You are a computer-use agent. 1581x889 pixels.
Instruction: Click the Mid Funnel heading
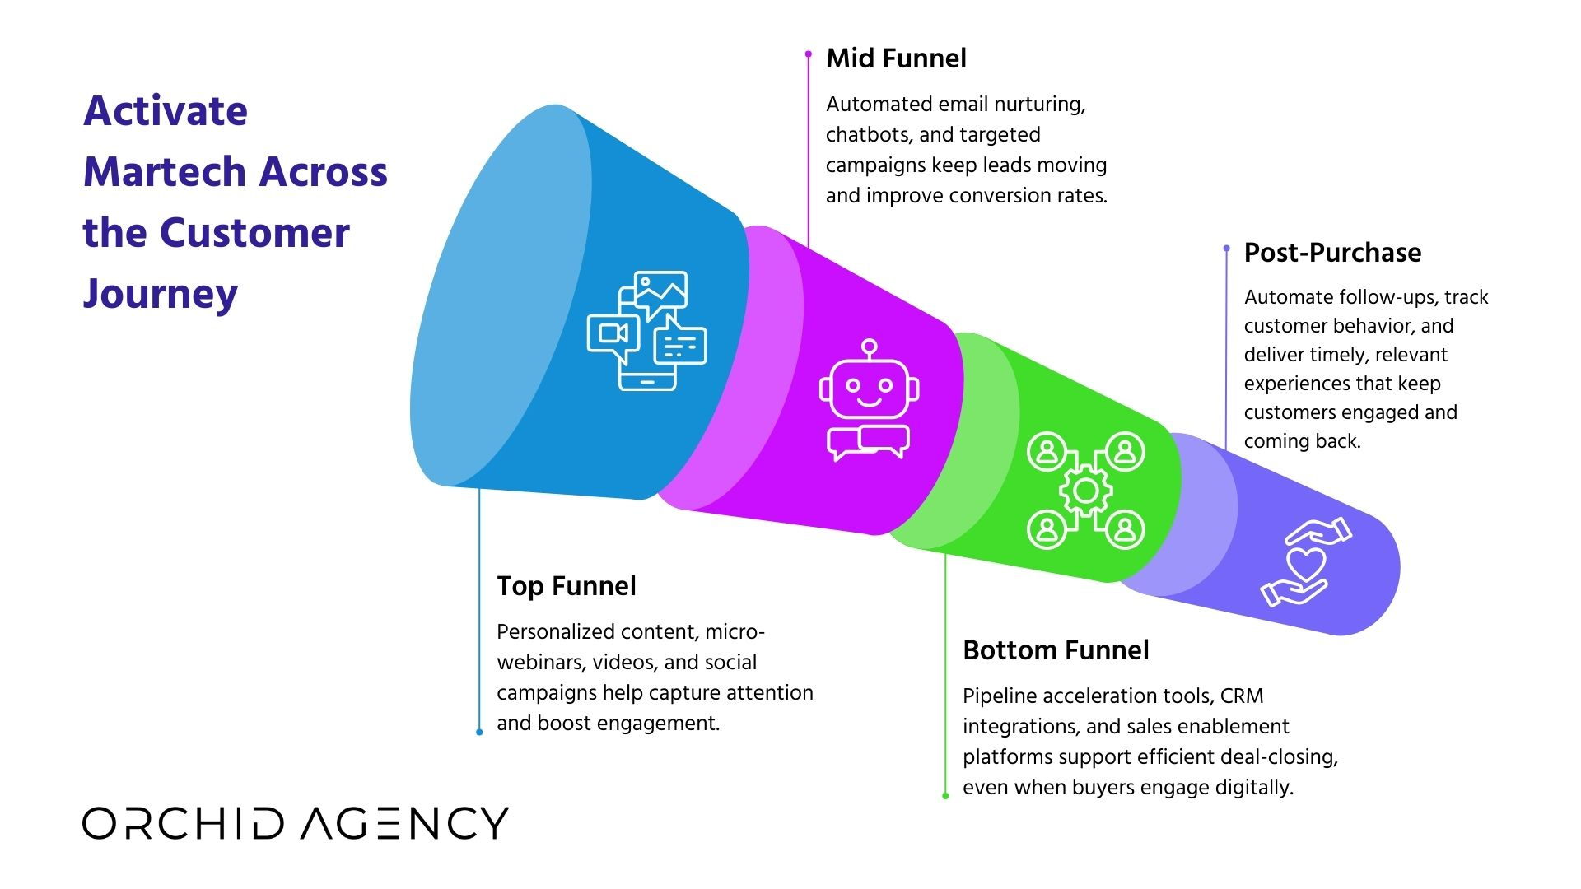pyautogui.click(x=896, y=58)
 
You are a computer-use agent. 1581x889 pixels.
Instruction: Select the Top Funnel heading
pyautogui.click(x=566, y=586)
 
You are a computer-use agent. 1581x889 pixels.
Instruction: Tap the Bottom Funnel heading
pyautogui.click(x=1056, y=650)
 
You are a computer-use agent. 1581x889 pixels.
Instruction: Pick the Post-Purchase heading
pyautogui.click(x=1332, y=253)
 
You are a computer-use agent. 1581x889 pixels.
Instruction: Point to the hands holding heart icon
pyautogui.click(x=1305, y=562)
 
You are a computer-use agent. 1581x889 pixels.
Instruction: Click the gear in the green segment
pyautogui.click(x=1085, y=491)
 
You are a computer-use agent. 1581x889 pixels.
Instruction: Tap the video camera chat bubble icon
pyautogui.click(x=613, y=334)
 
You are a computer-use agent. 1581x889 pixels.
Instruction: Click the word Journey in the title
pyautogui.click(x=161, y=294)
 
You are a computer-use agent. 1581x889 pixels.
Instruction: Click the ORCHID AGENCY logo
pyautogui.click(x=295, y=823)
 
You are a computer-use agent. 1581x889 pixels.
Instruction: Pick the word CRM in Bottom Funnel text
pyautogui.click(x=1242, y=696)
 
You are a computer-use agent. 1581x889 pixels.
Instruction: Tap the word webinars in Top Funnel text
pyautogui.click(x=544, y=663)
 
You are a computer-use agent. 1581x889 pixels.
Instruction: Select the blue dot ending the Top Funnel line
pyautogui.click(x=479, y=732)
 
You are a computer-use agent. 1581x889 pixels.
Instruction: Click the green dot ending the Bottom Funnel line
pyautogui.click(x=945, y=796)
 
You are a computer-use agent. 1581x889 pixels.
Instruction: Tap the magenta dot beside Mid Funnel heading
pyautogui.click(x=808, y=54)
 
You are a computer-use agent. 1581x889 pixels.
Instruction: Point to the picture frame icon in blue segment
pyautogui.click(x=660, y=291)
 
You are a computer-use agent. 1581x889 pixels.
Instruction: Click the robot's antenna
pyautogui.click(x=869, y=347)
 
